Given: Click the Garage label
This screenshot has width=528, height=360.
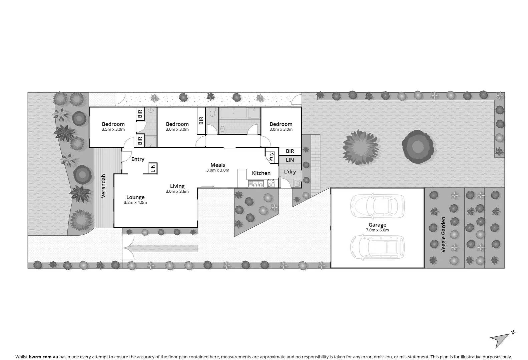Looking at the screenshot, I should click(377, 225).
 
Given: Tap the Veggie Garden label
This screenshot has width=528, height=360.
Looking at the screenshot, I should click(444, 234).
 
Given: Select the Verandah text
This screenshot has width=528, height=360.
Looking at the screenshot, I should click(103, 186).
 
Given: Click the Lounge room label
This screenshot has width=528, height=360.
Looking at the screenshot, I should click(135, 197).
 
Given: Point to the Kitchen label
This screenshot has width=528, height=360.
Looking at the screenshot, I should click(261, 173).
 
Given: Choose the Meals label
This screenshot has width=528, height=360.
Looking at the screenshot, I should click(218, 165).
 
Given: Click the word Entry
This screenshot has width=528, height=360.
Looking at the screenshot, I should click(138, 159).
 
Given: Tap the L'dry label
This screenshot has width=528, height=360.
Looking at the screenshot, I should click(290, 172).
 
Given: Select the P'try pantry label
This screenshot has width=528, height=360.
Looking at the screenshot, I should click(272, 157).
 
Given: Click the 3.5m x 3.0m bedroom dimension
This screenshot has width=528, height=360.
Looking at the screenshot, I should click(113, 129).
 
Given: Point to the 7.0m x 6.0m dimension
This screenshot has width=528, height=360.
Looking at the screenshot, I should click(377, 230).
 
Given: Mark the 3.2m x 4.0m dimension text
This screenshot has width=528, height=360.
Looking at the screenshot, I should click(135, 202).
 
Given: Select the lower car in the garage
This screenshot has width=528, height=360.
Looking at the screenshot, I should click(377, 248).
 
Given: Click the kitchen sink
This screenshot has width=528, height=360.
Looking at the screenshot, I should click(256, 183).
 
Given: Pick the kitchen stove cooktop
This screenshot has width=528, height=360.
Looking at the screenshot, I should click(271, 183).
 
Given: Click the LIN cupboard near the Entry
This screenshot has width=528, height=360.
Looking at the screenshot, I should click(153, 168).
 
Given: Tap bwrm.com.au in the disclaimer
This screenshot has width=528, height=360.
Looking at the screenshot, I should click(43, 357).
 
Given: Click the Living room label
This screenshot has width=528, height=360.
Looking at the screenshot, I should click(177, 186).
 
